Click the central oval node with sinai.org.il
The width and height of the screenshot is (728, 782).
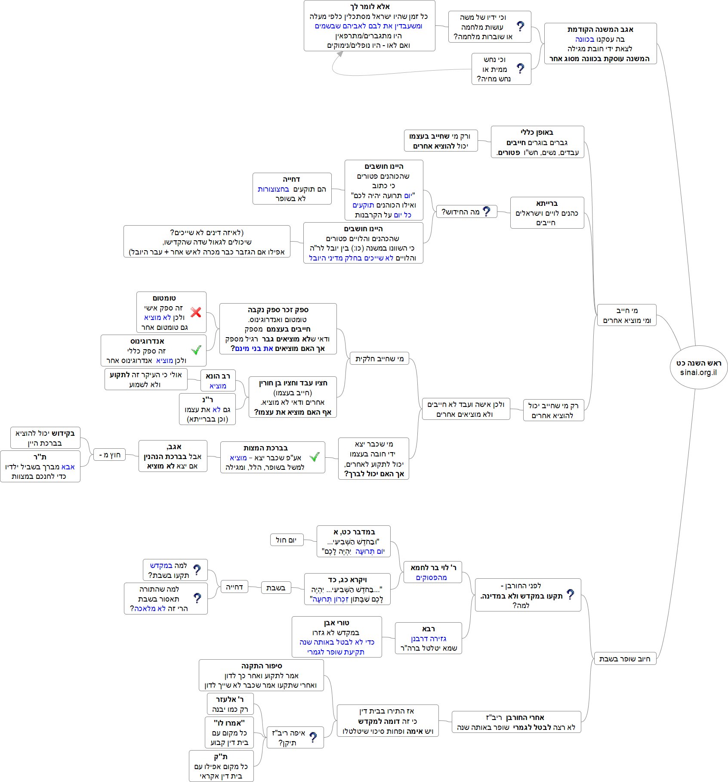pyautogui.click(x=698, y=367)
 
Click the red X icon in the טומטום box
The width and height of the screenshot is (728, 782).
pyautogui.click(x=196, y=312)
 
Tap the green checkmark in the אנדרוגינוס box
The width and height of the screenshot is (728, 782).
pyautogui.click(x=196, y=350)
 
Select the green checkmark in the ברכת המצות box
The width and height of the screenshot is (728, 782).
pyautogui.click(x=315, y=457)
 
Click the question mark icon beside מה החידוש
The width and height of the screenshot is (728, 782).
pyautogui.click(x=487, y=211)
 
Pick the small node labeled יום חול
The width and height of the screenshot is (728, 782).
pyautogui.click(x=287, y=540)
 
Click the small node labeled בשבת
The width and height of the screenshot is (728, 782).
pyautogui.click(x=276, y=588)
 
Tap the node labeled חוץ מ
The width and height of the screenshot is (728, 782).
pyautogui.click(x=110, y=455)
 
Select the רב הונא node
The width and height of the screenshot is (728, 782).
pyautogui.click(x=218, y=381)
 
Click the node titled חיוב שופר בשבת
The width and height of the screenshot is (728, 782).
pyautogui.click(x=625, y=658)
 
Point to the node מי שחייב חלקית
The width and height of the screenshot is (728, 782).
pyautogui.click(x=379, y=359)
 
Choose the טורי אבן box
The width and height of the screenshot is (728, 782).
pyautogui.click(x=336, y=637)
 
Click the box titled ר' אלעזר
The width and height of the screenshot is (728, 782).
pyautogui.click(x=230, y=704)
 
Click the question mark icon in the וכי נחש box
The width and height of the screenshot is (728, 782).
pyautogui.click(x=521, y=68)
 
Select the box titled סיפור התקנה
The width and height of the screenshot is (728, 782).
pyautogui.click(x=261, y=675)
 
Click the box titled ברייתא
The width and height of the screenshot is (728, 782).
pyautogui.click(x=547, y=213)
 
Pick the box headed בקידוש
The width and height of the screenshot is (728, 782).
pyautogui.click(x=45, y=438)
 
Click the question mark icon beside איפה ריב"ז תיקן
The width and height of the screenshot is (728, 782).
pyautogui.click(x=313, y=738)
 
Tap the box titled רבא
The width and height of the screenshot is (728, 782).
pyautogui.click(x=429, y=638)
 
